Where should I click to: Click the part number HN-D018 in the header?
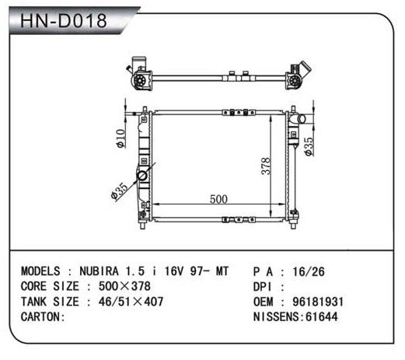click(x=64, y=21)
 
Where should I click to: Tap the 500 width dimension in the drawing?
click(x=218, y=199)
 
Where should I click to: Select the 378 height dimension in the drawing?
click(x=266, y=166)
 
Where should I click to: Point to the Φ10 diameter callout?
click(x=121, y=138)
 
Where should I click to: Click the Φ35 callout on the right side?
click(x=309, y=146)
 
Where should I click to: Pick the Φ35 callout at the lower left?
click(x=119, y=191)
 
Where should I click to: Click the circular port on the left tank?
click(x=142, y=176)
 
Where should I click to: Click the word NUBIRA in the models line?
click(x=99, y=271)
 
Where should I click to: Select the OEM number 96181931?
click(x=318, y=302)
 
